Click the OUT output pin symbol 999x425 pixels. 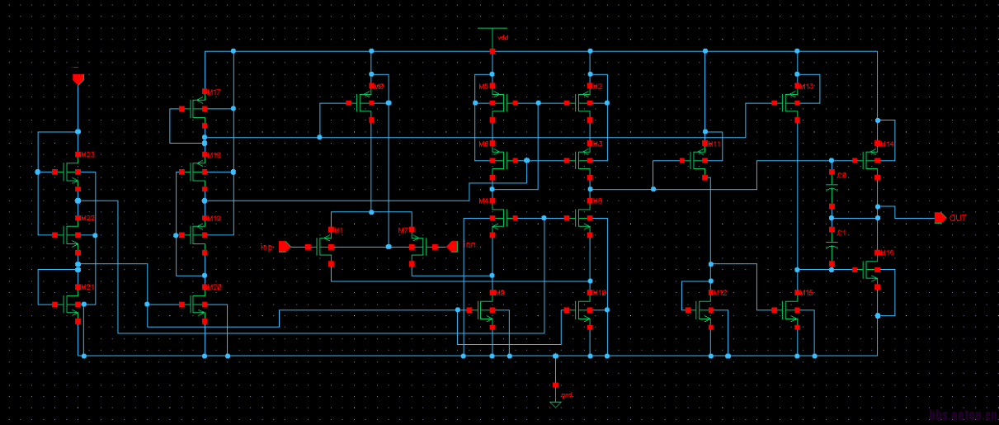click(940, 218)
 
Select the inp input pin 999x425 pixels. click(285, 246)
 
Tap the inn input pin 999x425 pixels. click(451, 246)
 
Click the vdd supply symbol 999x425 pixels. click(492, 35)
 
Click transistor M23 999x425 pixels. click(73, 172)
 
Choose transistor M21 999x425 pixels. click(73, 304)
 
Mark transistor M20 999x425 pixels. click(199, 305)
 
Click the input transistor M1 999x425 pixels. click(327, 246)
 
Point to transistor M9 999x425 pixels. click(488, 310)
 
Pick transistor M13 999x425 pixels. click(793, 103)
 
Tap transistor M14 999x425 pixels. click(872, 160)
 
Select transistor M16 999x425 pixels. click(872, 269)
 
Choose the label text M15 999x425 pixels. click(805, 293)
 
